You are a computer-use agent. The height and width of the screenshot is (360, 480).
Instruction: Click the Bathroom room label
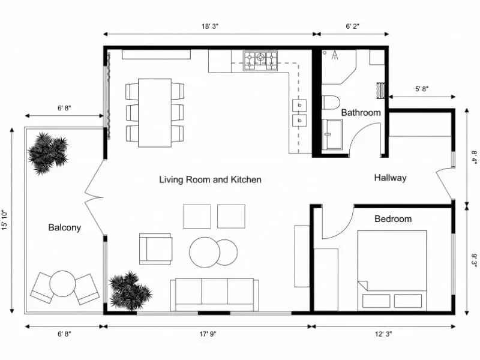click(361, 112)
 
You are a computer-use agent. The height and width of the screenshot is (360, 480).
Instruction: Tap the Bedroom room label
click(393, 218)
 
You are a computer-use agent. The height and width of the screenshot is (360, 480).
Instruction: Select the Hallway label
click(390, 178)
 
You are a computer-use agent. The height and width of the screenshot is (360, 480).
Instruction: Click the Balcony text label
click(64, 227)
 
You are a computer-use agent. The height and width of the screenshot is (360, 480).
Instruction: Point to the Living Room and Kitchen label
click(210, 179)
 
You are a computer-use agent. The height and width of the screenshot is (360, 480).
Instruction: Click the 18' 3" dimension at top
click(209, 26)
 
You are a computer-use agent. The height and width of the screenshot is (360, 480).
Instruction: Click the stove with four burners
click(260, 58)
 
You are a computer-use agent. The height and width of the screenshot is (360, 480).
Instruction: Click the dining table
click(155, 112)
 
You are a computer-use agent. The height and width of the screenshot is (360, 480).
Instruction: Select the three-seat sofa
click(214, 294)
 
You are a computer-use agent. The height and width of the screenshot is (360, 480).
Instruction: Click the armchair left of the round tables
click(155, 249)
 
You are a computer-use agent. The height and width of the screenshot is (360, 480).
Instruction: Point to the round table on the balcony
click(62, 284)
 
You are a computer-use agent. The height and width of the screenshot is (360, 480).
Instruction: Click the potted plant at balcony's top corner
click(47, 153)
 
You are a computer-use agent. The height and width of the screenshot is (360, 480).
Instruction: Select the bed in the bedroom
click(392, 269)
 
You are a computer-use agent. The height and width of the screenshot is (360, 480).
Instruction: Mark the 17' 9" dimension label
click(209, 334)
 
